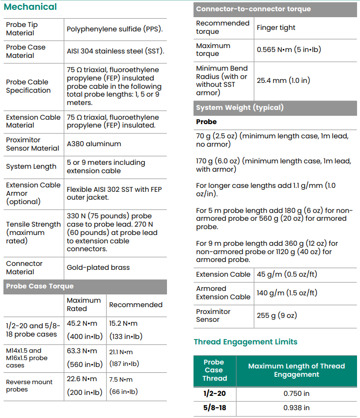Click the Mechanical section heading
[30, 7]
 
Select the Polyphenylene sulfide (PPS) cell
[114, 29]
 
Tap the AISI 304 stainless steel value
[115, 52]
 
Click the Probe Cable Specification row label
[28, 86]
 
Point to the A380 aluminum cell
[94, 144]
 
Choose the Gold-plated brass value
[98, 268]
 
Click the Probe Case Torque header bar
[39, 287]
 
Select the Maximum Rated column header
[83, 305]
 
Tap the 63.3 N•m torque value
[83, 351]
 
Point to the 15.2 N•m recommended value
[123, 324]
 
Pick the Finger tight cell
[276, 28]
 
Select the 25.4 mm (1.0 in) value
[283, 80]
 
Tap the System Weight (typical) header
[240, 108]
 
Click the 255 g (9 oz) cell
[277, 316]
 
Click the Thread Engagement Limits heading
[245, 342]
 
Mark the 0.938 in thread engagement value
[296, 408]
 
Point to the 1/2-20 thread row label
[214, 393]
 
